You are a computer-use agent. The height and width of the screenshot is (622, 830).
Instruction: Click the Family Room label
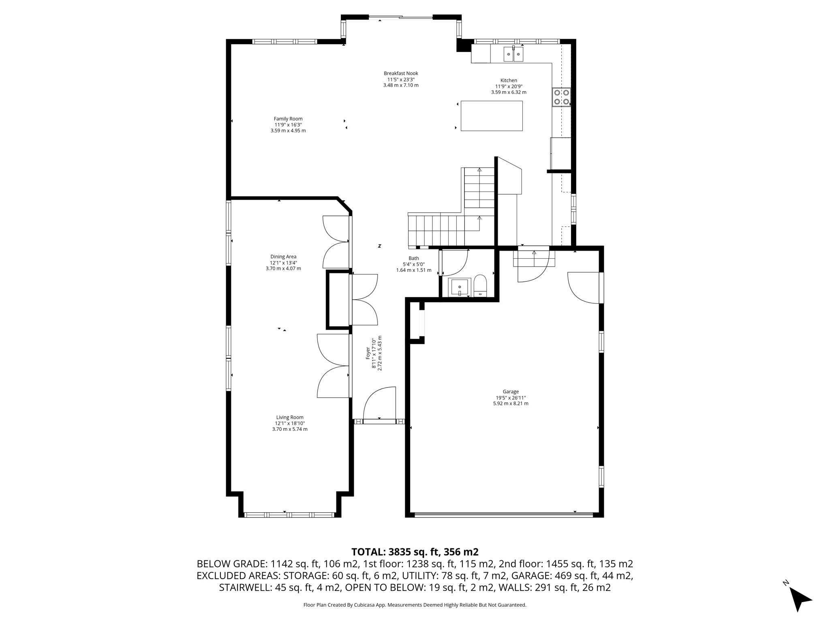click(288, 125)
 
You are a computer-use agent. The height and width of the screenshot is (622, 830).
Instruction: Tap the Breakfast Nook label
click(401, 79)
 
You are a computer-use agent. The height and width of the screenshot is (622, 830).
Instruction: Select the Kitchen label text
click(509, 86)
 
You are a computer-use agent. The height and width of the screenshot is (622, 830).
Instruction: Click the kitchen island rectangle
click(492, 116)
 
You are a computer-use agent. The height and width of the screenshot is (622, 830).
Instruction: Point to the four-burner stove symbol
click(561, 97)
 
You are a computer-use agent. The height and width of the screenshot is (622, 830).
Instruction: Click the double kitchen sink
click(513, 54)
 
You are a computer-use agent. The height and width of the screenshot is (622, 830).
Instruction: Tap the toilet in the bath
click(480, 286)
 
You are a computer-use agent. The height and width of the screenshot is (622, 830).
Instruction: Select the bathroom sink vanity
click(460, 287)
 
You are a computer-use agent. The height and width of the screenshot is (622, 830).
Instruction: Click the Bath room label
click(414, 264)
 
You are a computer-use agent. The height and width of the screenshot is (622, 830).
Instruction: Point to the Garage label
click(511, 398)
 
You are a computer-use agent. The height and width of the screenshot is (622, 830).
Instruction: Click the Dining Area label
click(283, 262)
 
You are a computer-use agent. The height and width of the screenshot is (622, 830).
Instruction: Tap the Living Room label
click(290, 423)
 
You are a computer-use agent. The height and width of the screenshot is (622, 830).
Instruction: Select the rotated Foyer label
click(374, 353)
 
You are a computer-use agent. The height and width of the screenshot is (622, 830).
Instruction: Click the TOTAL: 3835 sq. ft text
click(415, 552)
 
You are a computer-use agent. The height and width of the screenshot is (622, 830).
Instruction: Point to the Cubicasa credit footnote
click(415, 605)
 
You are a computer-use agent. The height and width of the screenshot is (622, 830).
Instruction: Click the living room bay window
click(289, 515)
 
